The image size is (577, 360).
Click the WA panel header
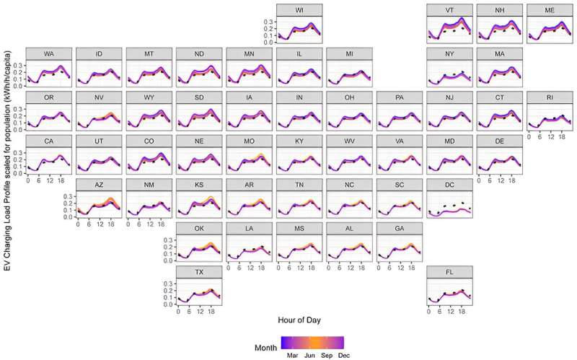click(49, 53)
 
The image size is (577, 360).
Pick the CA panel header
click(49, 141)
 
